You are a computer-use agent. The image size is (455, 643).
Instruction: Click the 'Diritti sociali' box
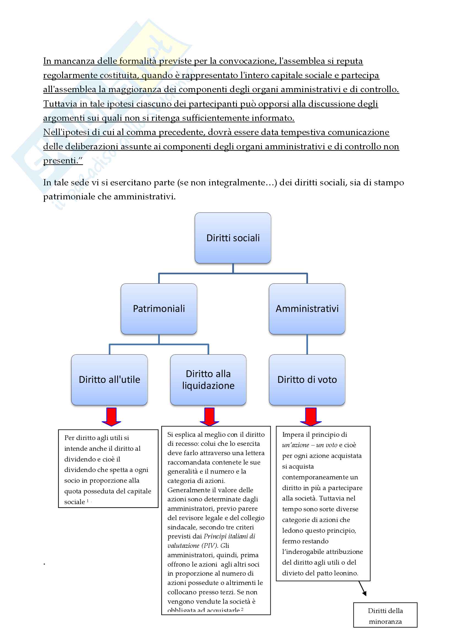(x=233, y=238)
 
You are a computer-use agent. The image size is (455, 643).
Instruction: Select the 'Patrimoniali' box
(x=159, y=309)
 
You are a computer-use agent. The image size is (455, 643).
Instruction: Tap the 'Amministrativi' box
(x=307, y=309)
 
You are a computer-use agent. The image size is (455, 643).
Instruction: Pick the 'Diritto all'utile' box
(x=109, y=380)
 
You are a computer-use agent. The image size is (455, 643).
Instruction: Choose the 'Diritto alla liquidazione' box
(x=208, y=380)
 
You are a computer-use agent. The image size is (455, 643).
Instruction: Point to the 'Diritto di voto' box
(x=307, y=380)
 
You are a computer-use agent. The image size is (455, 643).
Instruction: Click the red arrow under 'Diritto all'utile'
(x=111, y=416)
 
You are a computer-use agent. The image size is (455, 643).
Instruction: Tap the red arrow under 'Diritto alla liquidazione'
(x=210, y=416)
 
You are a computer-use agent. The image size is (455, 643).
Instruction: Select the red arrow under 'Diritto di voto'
(x=311, y=416)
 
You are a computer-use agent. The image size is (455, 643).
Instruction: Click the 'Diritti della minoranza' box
(x=385, y=616)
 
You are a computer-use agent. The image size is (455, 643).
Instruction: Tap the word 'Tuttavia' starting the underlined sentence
(x=60, y=104)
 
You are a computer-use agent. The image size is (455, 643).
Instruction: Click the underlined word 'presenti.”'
(x=63, y=161)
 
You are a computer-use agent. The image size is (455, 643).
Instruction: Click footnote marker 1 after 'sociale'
(x=88, y=501)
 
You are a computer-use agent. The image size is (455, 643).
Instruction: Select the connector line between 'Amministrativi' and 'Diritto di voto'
(x=307, y=344)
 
